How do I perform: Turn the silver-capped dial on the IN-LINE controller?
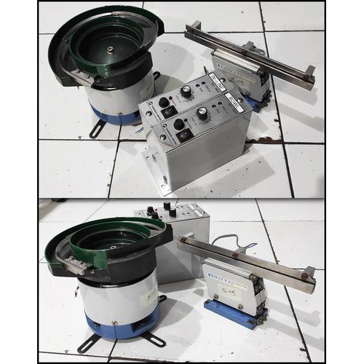[x=202, y=113]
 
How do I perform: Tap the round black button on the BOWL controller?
[x=163, y=103]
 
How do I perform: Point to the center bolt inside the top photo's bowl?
[x=109, y=50]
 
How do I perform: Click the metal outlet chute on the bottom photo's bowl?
[x=79, y=261]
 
